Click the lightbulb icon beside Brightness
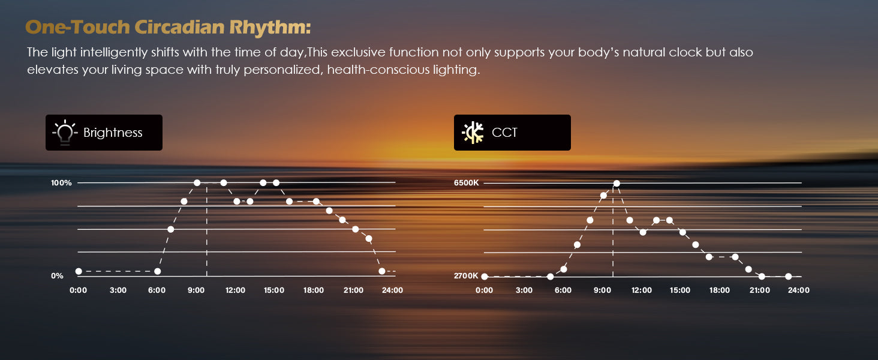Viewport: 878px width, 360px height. click(x=65, y=133)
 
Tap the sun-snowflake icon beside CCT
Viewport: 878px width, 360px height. click(x=473, y=133)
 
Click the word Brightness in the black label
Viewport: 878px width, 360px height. click(x=113, y=133)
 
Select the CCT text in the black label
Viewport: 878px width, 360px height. click(x=504, y=133)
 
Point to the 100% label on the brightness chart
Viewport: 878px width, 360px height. click(x=61, y=183)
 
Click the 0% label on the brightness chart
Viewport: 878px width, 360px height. click(x=57, y=275)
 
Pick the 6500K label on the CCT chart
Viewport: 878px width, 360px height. click(x=466, y=183)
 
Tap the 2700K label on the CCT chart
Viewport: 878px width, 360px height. click(x=466, y=275)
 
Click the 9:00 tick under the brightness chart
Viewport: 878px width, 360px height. click(x=196, y=290)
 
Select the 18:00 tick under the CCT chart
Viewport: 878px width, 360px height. click(x=720, y=290)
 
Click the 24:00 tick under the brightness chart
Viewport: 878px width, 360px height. click(x=392, y=290)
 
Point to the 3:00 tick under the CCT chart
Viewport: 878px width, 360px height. click(x=524, y=290)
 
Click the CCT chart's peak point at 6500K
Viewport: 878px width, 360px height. click(x=617, y=183)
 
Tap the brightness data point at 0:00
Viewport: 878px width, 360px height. click(x=79, y=271)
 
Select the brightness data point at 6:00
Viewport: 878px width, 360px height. click(x=157, y=271)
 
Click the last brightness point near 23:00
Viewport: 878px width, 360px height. click(x=382, y=271)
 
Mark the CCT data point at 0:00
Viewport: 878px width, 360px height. click(x=485, y=277)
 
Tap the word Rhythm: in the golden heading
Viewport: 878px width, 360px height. click(x=270, y=28)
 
